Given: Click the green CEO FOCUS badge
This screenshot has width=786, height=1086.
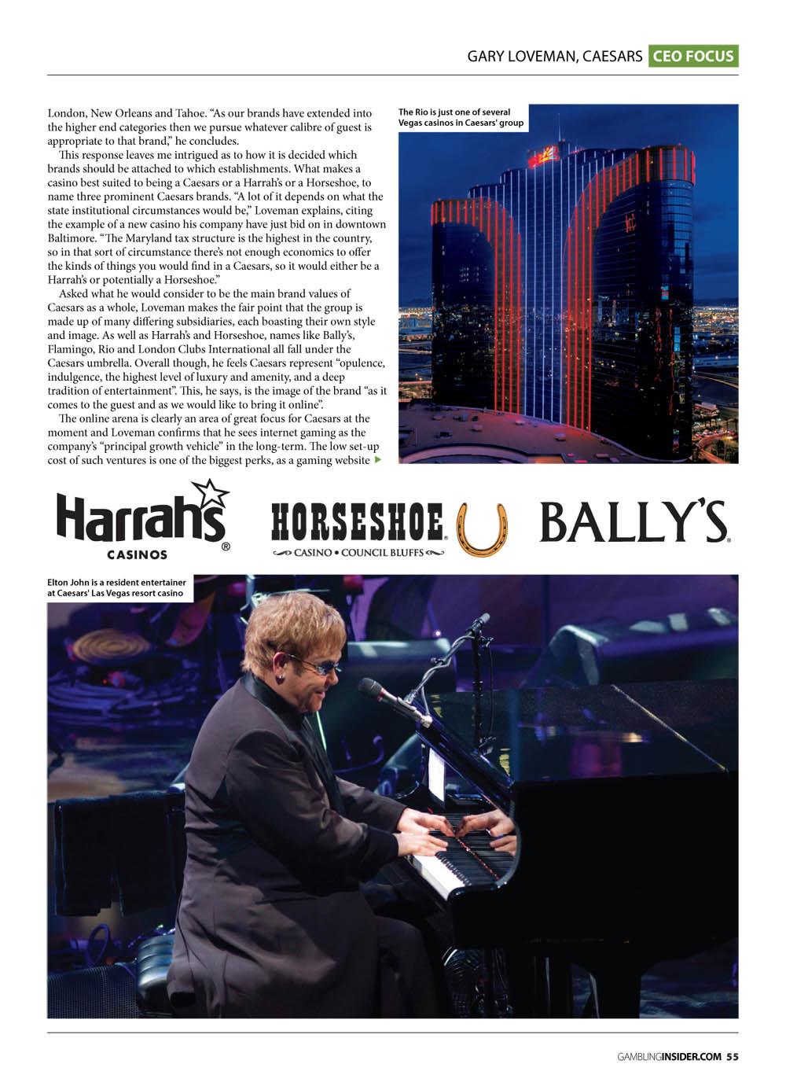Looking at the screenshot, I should (x=693, y=56).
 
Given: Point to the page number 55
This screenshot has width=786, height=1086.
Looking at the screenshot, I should (x=733, y=1056).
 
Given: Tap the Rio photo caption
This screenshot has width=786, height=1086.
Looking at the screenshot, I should (x=461, y=117).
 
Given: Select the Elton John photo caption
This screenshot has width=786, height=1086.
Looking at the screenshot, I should (x=117, y=587).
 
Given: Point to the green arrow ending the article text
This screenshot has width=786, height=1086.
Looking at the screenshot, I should (x=377, y=459).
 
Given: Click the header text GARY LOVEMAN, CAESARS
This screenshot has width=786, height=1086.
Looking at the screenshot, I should (x=554, y=56).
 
